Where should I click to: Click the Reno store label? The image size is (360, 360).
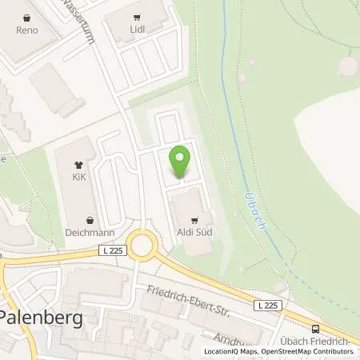click(x=27, y=30)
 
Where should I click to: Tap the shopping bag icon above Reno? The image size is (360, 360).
click(x=27, y=17)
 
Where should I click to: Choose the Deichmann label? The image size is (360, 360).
click(x=89, y=232)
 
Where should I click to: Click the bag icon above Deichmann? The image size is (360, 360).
click(x=90, y=218)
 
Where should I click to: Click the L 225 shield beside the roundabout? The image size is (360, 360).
click(x=114, y=250)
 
